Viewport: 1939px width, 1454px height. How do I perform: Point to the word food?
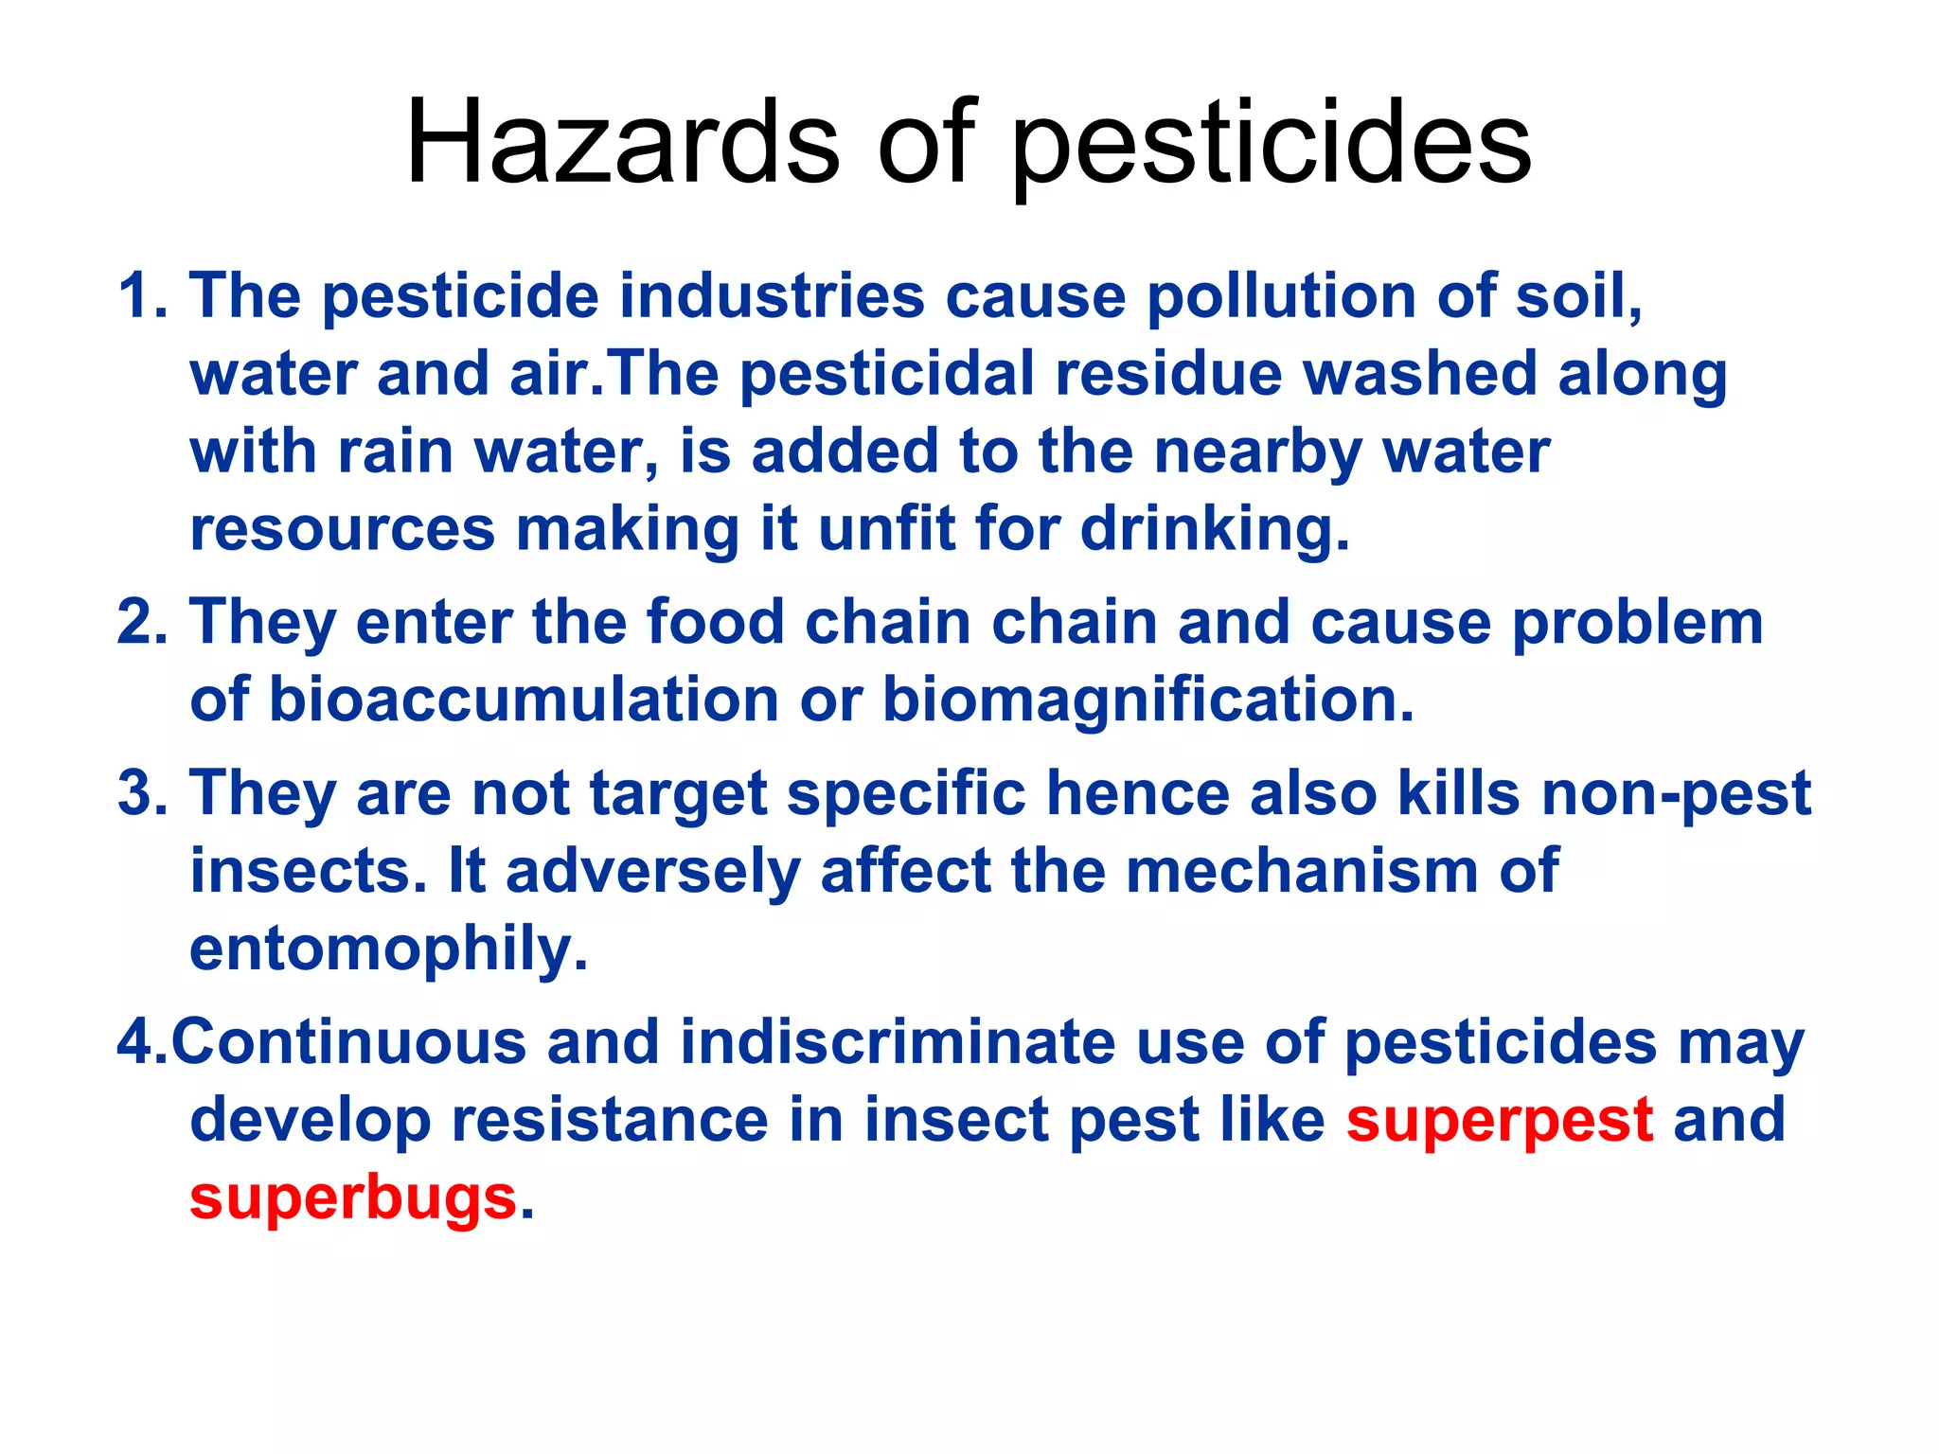click(716, 622)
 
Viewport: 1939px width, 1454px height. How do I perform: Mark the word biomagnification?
click(1147, 700)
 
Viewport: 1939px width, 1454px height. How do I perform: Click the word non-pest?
click(1676, 792)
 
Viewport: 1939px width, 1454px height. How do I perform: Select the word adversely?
click(653, 870)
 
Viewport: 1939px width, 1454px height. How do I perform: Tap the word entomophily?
click(388, 948)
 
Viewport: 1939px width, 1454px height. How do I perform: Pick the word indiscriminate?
click(898, 1041)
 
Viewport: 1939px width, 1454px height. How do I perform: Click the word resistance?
click(610, 1119)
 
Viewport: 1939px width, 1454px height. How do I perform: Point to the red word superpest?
click(1500, 1119)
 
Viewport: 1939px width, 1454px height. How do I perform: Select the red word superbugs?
click(353, 1197)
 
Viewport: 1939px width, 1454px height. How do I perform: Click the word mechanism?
click(1302, 870)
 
